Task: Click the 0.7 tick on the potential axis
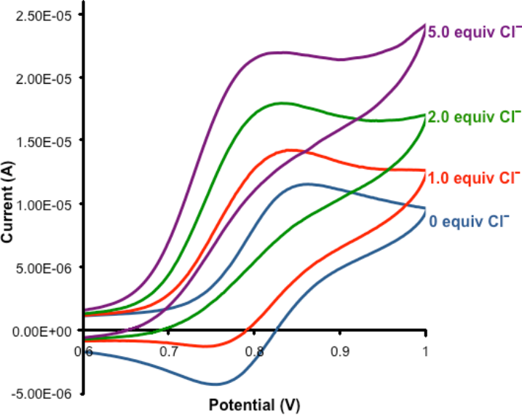tap(170, 351)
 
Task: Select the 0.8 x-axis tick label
tap(255, 351)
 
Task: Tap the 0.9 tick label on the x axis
tap(340, 351)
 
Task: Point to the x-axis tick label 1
tap(425, 351)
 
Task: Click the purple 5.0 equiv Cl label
tap(474, 33)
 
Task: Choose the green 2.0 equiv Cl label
tap(474, 116)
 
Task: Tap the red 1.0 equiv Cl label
tap(474, 178)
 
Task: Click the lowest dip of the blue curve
tap(216, 384)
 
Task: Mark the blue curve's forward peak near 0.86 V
tap(307, 184)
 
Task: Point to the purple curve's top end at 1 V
tap(424, 25)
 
